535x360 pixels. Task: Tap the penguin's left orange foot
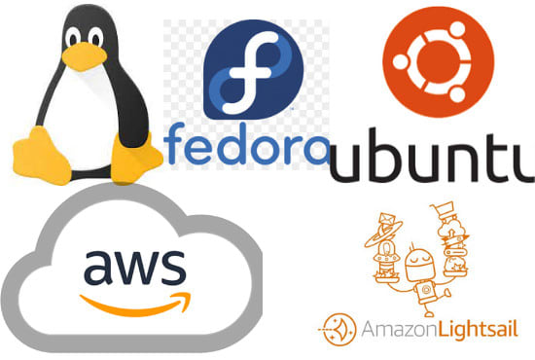point(38,149)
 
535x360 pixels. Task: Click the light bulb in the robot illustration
point(385,259)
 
